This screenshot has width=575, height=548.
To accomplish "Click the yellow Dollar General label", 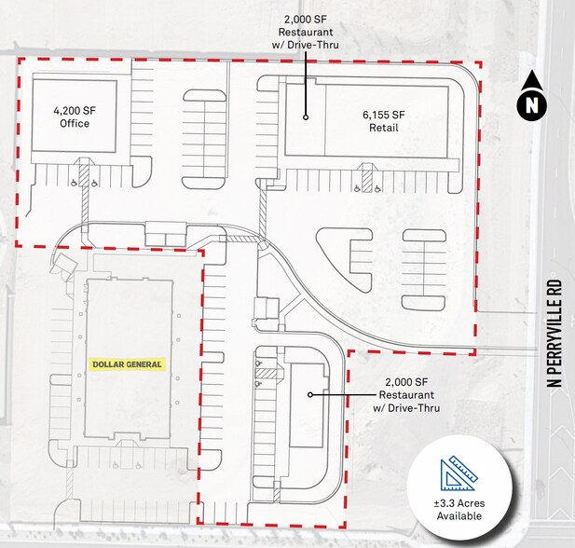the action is point(127,364).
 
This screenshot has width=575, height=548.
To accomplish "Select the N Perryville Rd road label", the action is point(554,334).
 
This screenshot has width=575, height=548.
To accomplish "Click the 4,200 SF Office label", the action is point(75,116).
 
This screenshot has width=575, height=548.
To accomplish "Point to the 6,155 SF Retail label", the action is point(384,121).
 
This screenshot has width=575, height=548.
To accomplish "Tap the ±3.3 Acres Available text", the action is point(459,510).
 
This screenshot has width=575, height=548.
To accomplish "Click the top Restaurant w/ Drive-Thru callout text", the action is point(306,32).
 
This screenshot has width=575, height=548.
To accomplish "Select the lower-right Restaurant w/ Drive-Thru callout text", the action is point(406,395).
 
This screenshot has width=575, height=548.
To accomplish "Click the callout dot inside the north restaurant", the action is point(306,117).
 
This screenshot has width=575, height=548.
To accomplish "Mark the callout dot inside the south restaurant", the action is point(310,394).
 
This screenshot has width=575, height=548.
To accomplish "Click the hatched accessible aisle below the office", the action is point(85,175).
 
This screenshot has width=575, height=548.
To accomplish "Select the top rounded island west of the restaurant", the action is point(204,96).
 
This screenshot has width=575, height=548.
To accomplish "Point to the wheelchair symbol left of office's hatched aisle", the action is point(74,182).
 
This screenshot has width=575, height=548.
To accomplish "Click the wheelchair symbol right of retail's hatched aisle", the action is point(377,188).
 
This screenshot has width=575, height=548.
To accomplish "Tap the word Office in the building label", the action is point(75,123).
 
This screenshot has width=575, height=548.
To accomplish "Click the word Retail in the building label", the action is point(384,128).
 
